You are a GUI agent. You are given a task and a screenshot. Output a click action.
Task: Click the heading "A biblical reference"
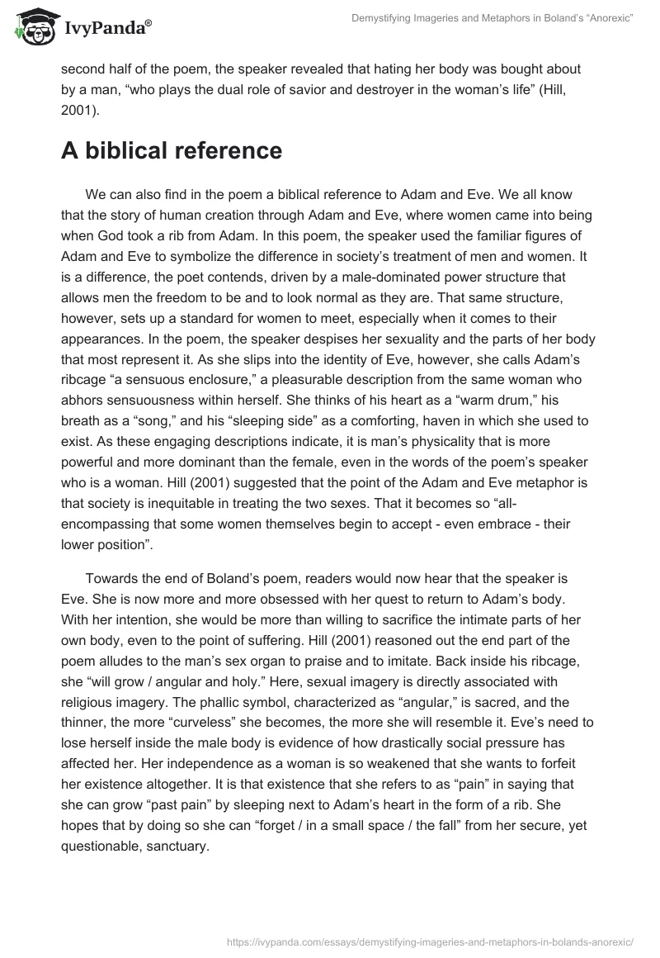[x=172, y=150]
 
